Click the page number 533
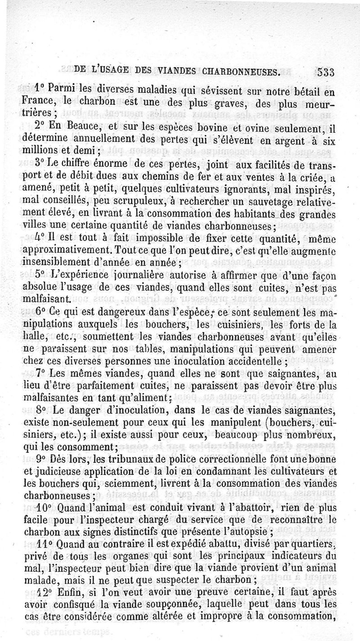328,72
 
